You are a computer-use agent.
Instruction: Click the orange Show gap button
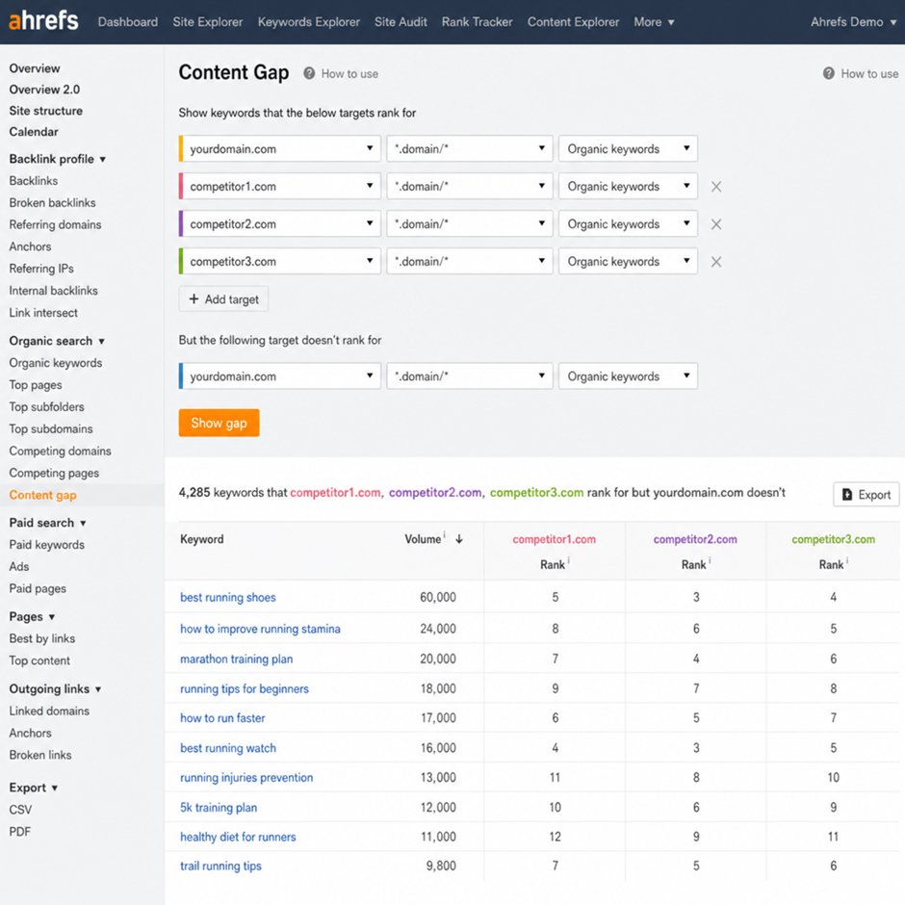(219, 423)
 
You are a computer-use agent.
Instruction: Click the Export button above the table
(866, 495)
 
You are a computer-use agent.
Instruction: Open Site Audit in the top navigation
(401, 22)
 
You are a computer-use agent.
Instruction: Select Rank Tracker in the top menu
(478, 22)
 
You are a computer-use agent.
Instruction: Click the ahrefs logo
(43, 21)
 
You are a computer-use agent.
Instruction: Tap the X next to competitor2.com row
(716, 224)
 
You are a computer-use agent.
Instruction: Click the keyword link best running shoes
(228, 597)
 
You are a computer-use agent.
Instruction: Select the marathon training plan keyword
(237, 659)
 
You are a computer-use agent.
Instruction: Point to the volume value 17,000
(438, 718)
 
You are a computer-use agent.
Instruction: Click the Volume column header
(423, 539)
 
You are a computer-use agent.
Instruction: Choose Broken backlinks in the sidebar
(53, 202)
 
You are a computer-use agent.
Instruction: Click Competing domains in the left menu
(60, 451)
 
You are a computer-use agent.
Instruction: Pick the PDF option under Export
(19, 832)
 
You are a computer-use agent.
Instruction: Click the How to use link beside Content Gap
(349, 74)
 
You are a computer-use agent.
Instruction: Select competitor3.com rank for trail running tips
(834, 866)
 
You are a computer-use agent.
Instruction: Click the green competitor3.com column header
(834, 539)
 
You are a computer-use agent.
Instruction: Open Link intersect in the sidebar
(43, 313)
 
